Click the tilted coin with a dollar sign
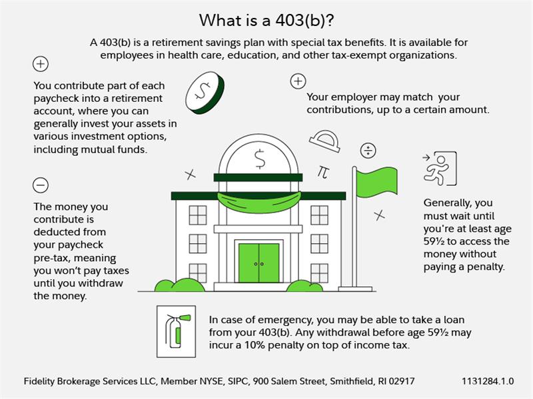click(x=205, y=93)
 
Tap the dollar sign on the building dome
click(x=260, y=159)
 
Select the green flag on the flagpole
click(x=376, y=182)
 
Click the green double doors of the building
click(x=259, y=263)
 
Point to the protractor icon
click(x=325, y=141)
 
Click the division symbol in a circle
click(x=368, y=151)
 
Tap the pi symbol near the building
click(x=323, y=172)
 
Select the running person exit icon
click(x=440, y=169)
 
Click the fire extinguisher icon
click(x=176, y=331)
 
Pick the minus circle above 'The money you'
click(x=41, y=185)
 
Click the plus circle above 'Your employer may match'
click(x=298, y=81)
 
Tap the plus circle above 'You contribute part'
click(x=41, y=64)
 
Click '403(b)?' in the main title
click(x=304, y=21)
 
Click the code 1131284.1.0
click(x=488, y=381)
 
